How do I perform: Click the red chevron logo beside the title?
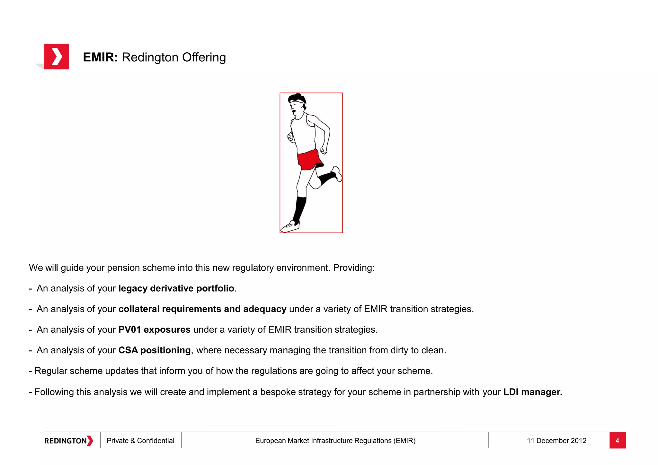coord(56,57)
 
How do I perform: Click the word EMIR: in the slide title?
coord(100,57)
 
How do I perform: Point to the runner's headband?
coord(298,101)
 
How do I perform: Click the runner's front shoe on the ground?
coord(290,226)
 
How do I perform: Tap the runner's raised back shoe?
coord(337,174)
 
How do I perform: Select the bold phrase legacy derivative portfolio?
coord(176,288)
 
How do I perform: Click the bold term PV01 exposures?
coord(154,330)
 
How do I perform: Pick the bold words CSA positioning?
coord(154,350)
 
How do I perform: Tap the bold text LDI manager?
coord(533,392)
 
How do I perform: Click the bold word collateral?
coord(139,309)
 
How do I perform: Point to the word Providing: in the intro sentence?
coord(354,268)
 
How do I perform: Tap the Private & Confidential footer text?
coord(140,441)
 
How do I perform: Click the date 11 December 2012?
coord(556,441)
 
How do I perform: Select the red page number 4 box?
coord(617,440)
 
